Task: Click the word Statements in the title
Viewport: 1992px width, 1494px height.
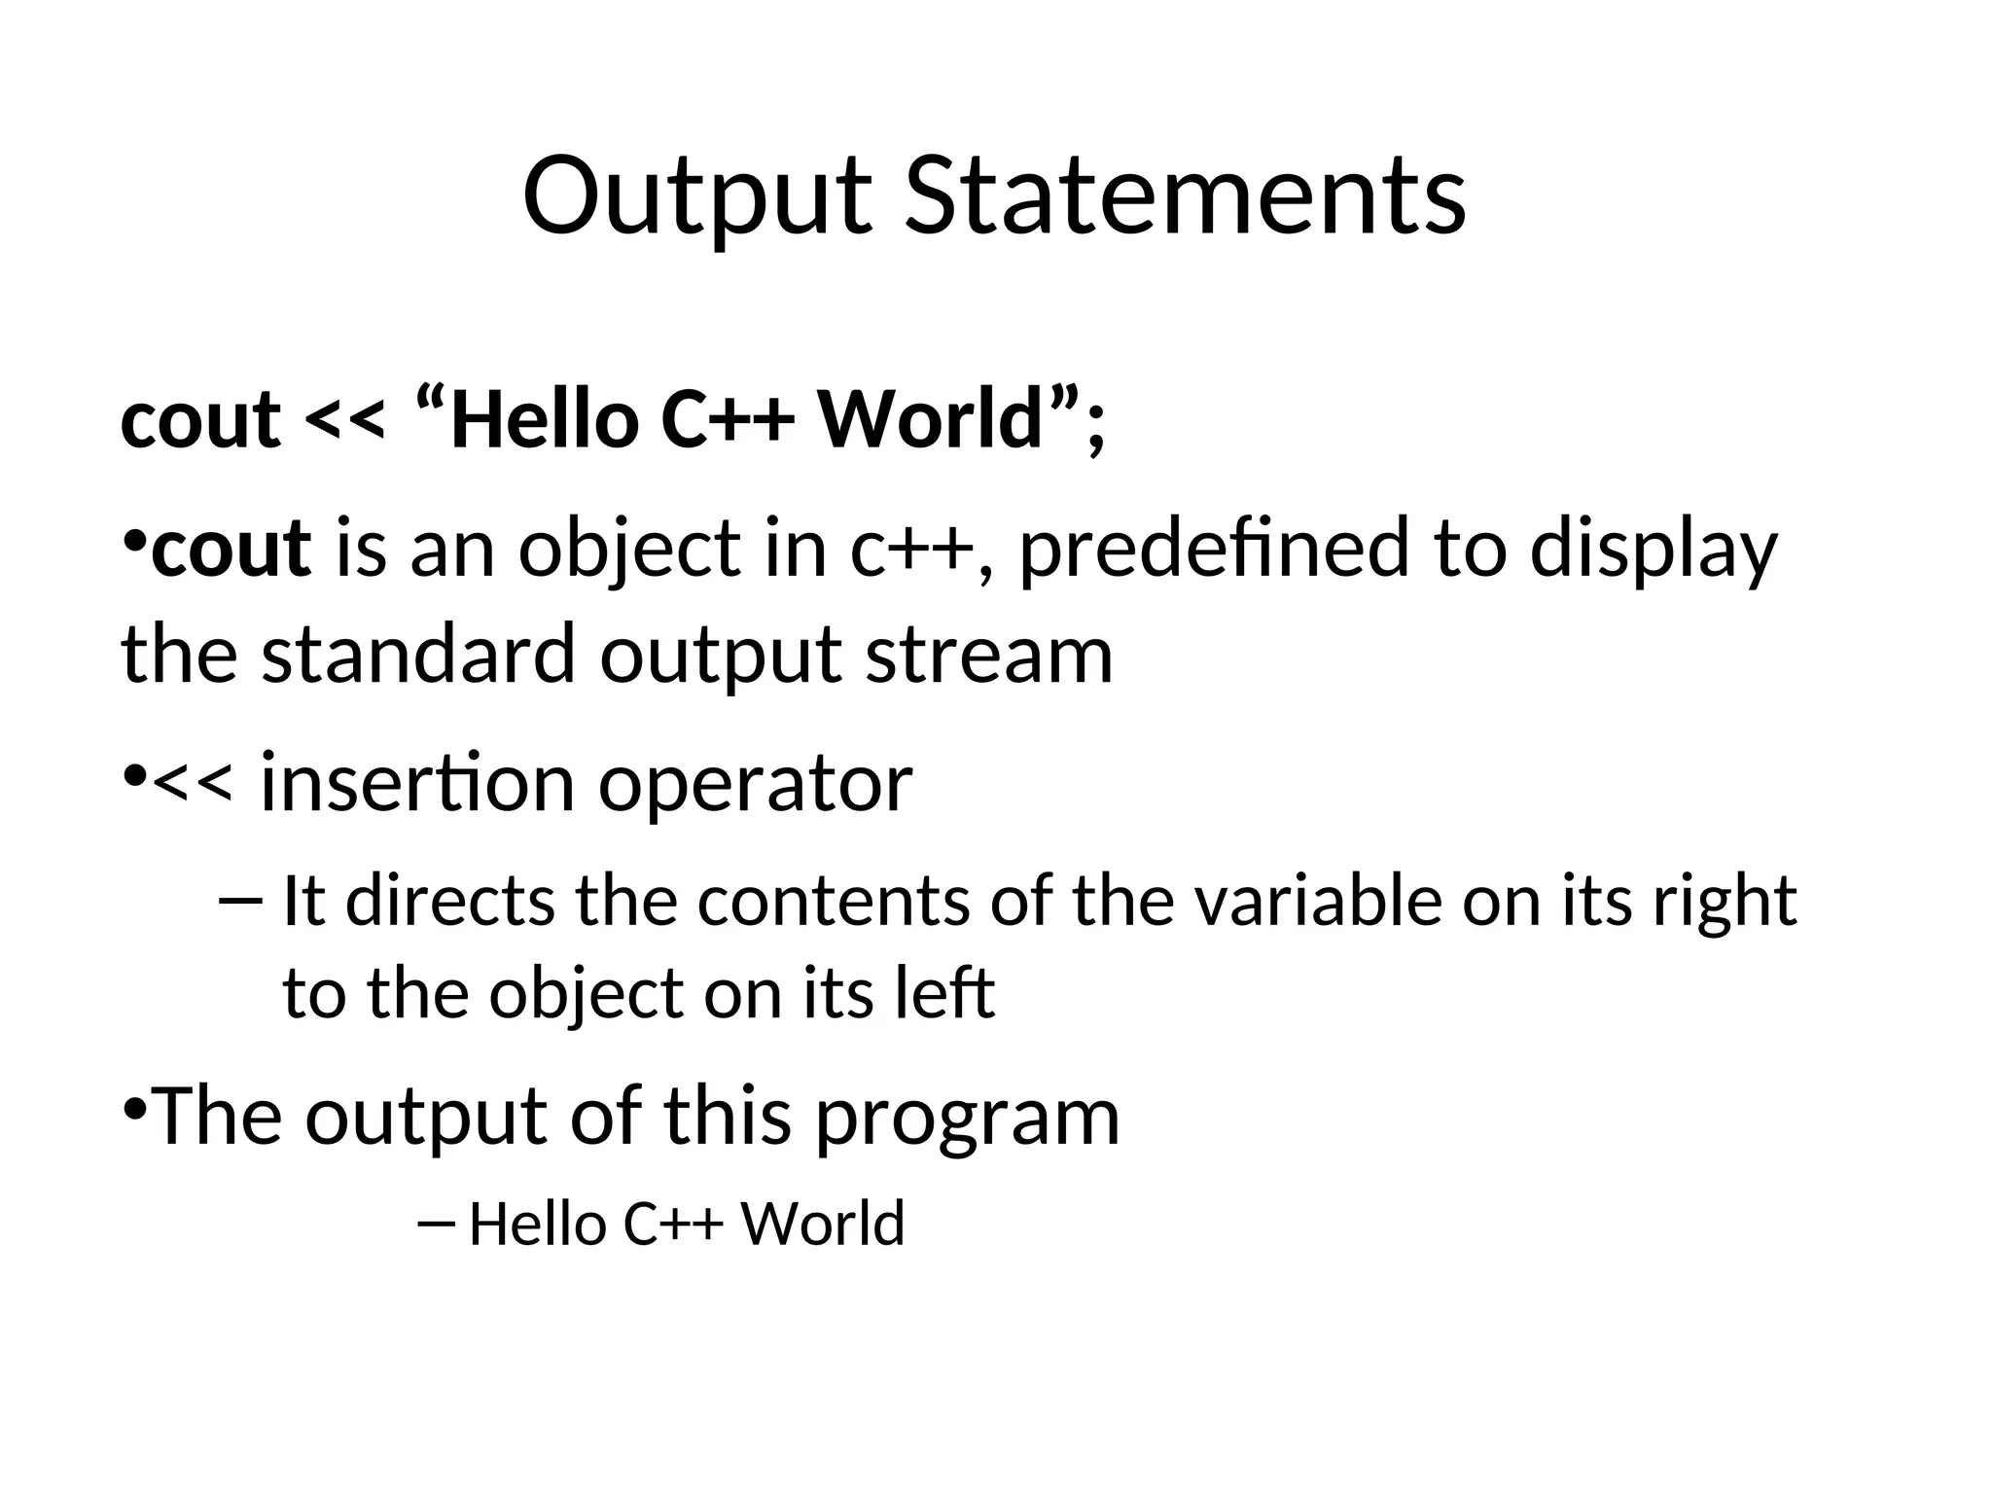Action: pyautogui.click(x=1185, y=197)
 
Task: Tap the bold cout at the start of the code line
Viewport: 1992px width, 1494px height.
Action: pyautogui.click(x=200, y=421)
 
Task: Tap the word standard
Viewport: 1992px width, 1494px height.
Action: pyautogui.click(x=419, y=654)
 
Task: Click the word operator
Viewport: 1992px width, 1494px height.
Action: pyautogui.click(x=756, y=782)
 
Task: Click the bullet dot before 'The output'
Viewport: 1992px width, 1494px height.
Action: pyautogui.click(x=135, y=1108)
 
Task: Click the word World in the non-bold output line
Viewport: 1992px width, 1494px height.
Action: pyautogui.click(x=823, y=1224)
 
